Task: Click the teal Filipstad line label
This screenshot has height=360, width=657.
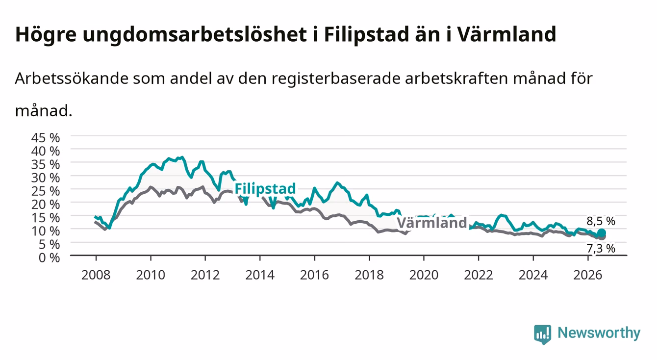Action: tap(265, 189)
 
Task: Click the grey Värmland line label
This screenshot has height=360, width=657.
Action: tap(432, 223)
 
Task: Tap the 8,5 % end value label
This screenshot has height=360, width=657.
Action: tap(601, 221)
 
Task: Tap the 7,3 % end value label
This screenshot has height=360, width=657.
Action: tap(601, 249)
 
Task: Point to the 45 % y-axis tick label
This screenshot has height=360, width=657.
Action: tap(46, 138)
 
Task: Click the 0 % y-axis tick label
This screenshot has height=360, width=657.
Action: tap(49, 257)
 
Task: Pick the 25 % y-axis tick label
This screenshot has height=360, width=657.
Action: tap(46, 191)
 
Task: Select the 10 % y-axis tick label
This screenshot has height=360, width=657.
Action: tap(46, 231)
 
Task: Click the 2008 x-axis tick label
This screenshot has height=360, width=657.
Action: tap(96, 275)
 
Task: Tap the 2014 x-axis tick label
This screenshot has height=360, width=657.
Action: tap(260, 275)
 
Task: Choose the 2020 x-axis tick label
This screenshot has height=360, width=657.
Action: tap(424, 275)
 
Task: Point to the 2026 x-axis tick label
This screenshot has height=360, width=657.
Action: tap(588, 275)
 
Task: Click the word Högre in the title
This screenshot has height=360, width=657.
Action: tap(46, 35)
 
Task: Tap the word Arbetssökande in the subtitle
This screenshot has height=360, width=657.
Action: tap(72, 78)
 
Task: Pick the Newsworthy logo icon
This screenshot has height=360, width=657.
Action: tap(543, 334)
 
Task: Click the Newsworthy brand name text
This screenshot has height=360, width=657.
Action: tap(599, 333)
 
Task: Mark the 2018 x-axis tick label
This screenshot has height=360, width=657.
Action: tap(369, 275)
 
